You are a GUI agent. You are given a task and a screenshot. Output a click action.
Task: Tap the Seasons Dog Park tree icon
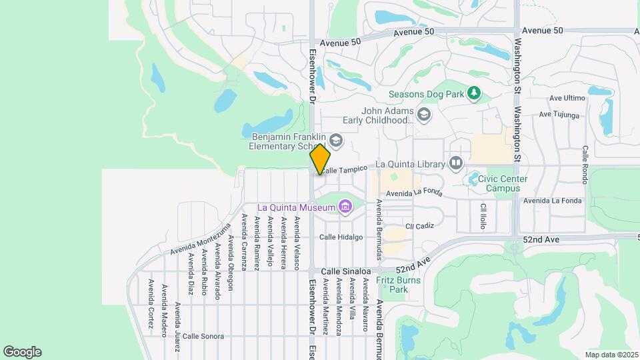pyautogui.click(x=474, y=94)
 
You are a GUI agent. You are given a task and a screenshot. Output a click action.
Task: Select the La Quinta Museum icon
pyautogui.click(x=345, y=207)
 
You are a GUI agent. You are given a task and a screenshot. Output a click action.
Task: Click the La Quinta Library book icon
pyautogui.click(x=456, y=163)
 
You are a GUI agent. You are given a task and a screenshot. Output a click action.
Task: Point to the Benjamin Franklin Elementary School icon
pyautogui.click(x=336, y=140)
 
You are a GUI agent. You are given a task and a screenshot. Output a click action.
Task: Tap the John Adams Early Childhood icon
pyautogui.click(x=425, y=115)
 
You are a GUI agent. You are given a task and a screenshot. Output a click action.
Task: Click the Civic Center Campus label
pyautogui.click(x=508, y=183)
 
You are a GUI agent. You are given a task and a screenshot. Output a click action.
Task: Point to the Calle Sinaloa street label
pyautogui.click(x=345, y=271)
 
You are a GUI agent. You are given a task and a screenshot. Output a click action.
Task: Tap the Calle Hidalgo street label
pyautogui.click(x=341, y=237)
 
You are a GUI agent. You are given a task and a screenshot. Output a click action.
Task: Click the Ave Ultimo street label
pyautogui.click(x=567, y=98)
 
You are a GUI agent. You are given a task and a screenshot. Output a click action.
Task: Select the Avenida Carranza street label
pyautogui.click(x=244, y=241)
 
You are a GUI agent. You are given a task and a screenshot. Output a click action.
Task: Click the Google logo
pyautogui.click(x=22, y=352)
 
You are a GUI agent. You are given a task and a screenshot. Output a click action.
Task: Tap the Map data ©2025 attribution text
pyautogui.click(x=611, y=355)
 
